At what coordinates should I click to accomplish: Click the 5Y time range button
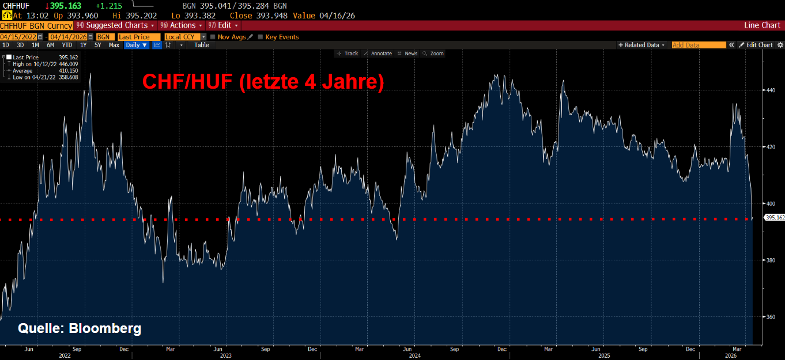(97, 45)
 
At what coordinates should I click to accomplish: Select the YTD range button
(67, 45)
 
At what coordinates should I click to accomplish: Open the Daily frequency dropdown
(137, 45)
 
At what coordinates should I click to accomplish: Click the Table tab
(202, 45)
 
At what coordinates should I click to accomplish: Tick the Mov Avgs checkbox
(212, 37)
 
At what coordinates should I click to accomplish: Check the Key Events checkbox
(260, 37)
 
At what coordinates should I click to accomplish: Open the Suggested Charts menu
(115, 25)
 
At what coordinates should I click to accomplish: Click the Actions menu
(182, 25)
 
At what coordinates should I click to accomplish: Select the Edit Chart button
(756, 45)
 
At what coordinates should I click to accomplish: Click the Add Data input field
(699, 45)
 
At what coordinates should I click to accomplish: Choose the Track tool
(348, 54)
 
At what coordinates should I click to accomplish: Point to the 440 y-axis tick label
(771, 90)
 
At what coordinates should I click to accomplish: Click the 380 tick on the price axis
(771, 260)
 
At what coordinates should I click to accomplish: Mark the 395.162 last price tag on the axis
(775, 218)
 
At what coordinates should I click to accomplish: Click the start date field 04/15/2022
(18, 37)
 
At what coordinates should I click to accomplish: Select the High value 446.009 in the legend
(69, 64)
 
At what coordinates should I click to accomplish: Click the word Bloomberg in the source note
(105, 328)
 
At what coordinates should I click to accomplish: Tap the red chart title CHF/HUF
(187, 82)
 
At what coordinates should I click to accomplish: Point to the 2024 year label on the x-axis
(414, 356)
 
